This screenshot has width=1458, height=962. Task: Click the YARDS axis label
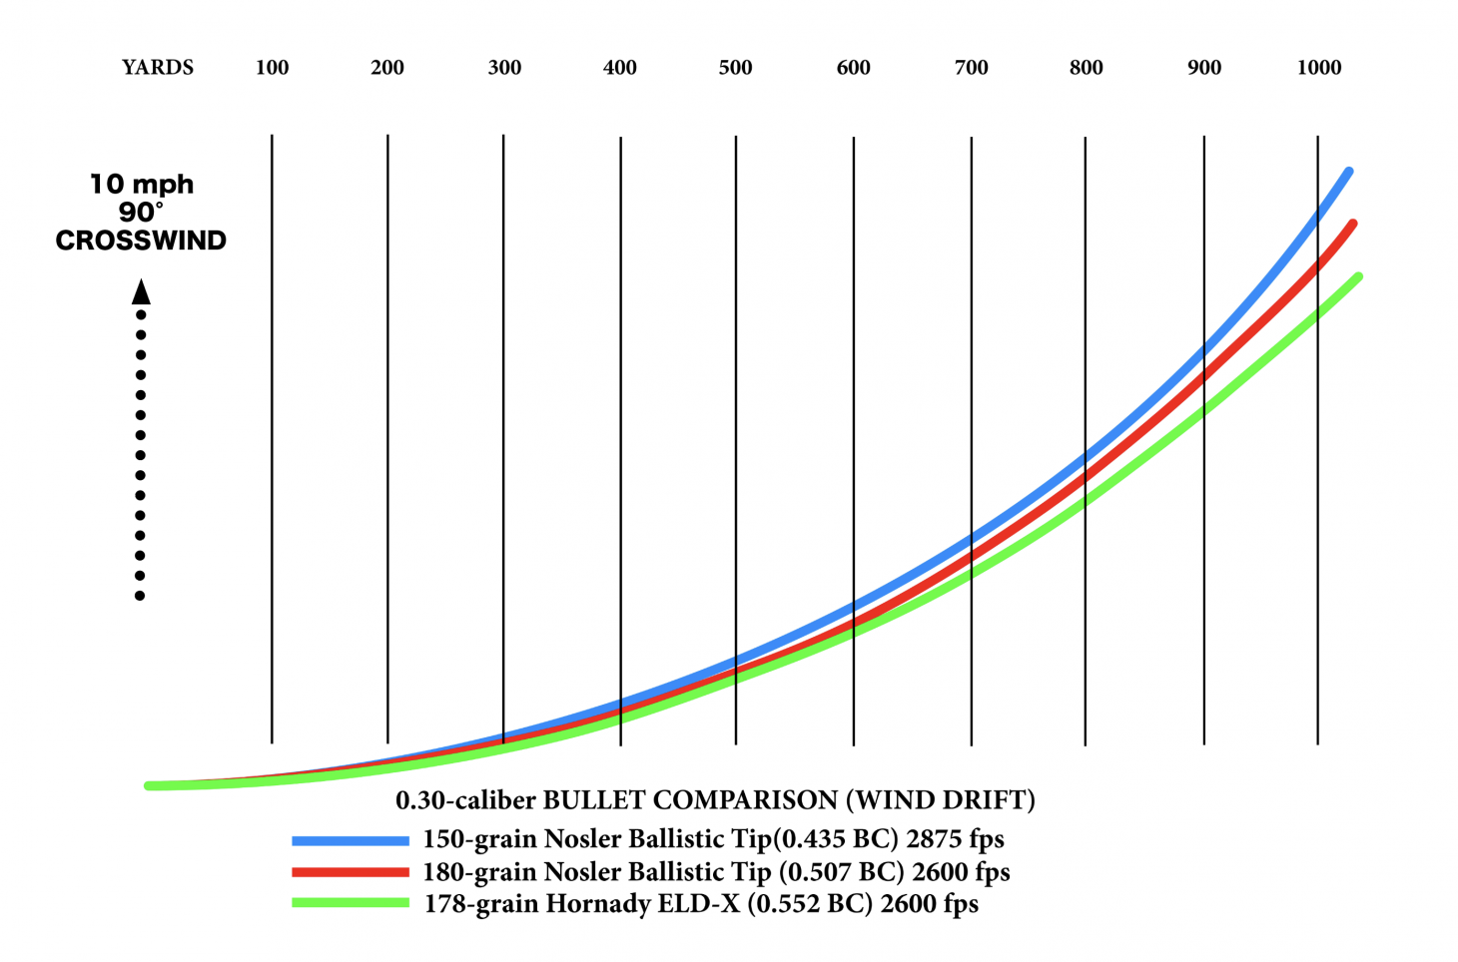click(x=158, y=68)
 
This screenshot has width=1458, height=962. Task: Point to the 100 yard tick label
click(x=272, y=68)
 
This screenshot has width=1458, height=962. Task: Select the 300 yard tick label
click(x=504, y=68)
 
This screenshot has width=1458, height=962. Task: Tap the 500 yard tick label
click(x=735, y=68)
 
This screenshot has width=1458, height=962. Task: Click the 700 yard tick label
click(x=971, y=68)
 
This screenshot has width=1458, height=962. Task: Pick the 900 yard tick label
click(x=1203, y=68)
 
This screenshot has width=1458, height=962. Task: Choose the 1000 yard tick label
click(x=1318, y=68)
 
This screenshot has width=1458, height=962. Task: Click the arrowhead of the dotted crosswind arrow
click(x=141, y=291)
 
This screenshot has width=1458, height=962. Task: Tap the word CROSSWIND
click(x=141, y=240)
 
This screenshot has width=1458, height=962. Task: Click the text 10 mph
click(x=141, y=185)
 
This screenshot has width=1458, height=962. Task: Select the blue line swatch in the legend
click(x=350, y=840)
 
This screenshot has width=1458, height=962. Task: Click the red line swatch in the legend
click(x=350, y=872)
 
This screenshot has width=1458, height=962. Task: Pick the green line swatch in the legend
click(x=350, y=904)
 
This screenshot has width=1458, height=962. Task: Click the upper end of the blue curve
click(x=1349, y=173)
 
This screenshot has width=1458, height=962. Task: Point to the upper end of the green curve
click(x=1358, y=276)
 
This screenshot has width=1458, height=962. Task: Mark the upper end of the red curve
click(x=1353, y=224)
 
